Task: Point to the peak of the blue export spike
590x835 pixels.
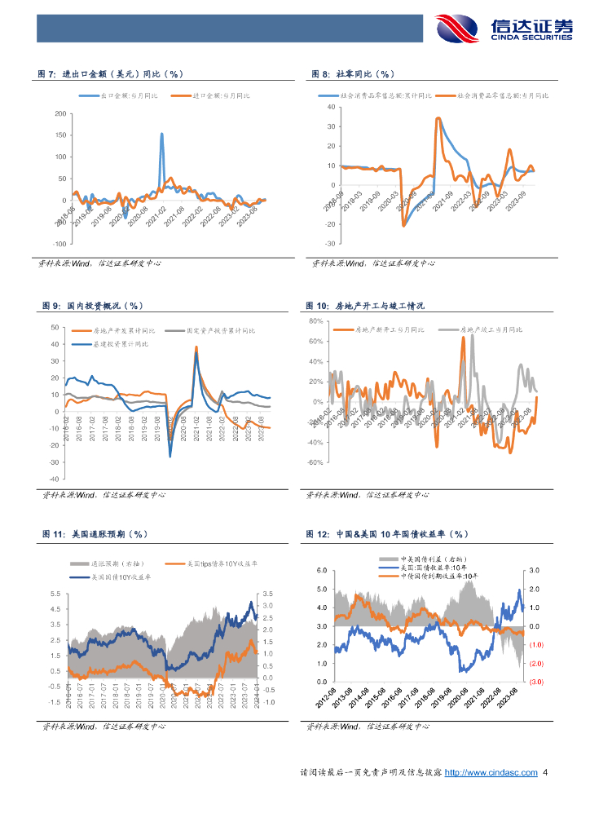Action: (x=161, y=134)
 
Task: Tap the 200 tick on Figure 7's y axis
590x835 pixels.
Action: (x=60, y=113)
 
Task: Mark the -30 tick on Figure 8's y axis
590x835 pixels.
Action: (x=329, y=244)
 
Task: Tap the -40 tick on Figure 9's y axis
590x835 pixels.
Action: (x=55, y=478)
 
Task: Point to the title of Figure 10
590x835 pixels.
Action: (x=365, y=306)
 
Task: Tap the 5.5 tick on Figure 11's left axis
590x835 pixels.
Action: (x=55, y=594)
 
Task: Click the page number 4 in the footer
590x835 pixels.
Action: (x=545, y=772)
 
